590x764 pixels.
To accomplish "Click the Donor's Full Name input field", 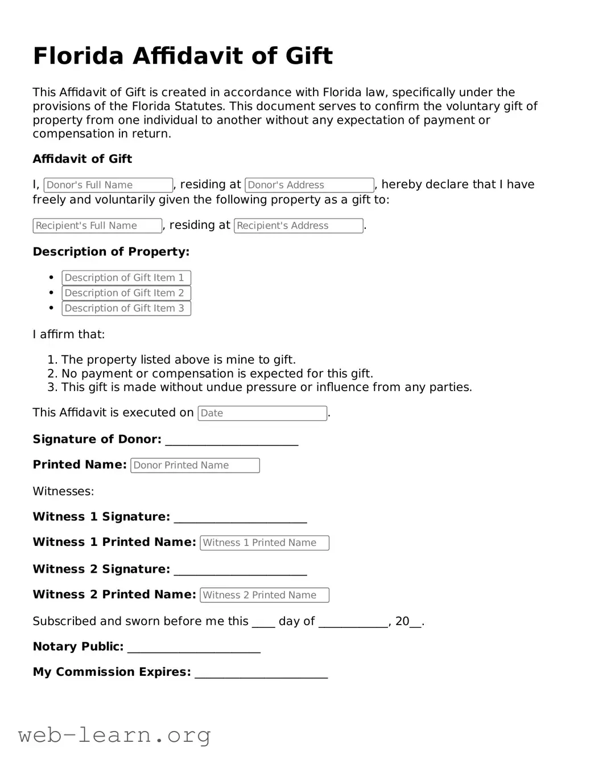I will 108,185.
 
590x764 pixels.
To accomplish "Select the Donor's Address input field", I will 310,185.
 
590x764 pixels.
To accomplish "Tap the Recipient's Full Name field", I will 97,226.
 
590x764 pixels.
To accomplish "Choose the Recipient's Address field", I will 299,226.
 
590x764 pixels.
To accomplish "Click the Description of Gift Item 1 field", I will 126,278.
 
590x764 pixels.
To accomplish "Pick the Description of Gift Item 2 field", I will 126,293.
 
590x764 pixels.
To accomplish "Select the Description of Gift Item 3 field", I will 126,309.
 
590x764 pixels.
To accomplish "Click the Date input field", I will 262,413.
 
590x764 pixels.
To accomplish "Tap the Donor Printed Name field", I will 195,466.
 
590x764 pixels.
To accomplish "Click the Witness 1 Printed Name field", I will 265,543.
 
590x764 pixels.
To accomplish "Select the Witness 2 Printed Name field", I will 265,595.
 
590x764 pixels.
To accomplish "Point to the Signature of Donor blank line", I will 232,441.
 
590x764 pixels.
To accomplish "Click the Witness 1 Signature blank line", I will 240,519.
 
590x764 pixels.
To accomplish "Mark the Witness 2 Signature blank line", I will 240,571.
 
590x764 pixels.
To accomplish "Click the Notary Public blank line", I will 194,648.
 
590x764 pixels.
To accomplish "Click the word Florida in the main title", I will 79,56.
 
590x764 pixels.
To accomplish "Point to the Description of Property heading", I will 111,252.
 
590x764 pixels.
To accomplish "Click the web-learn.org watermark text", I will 114,735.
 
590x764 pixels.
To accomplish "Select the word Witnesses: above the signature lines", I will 63,491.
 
